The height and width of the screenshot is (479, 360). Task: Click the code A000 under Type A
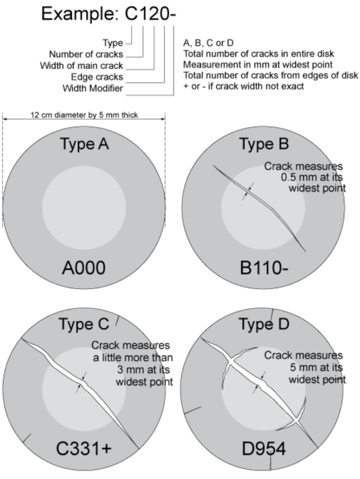84,269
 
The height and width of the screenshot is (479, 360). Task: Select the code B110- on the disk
263,269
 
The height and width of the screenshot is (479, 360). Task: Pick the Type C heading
84,323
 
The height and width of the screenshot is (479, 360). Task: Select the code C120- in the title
150,14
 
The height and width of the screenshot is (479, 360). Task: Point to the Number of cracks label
86,54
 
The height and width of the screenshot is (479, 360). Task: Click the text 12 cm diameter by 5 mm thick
84,115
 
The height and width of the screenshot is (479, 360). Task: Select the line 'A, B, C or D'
209,43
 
